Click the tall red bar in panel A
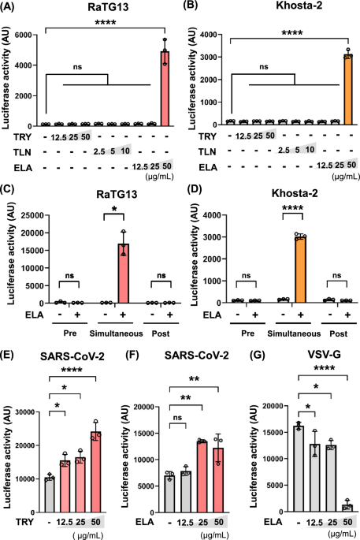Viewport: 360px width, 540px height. (x=165, y=88)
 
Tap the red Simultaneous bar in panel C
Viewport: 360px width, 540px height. (x=123, y=274)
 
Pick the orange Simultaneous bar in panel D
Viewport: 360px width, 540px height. (x=300, y=270)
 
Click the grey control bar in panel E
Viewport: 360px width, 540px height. (x=50, y=495)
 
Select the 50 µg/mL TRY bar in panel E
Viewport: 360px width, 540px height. (x=95, y=472)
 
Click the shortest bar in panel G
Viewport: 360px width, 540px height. (x=347, y=508)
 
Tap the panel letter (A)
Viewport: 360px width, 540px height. (x=7, y=7)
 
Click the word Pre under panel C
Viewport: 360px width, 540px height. (x=70, y=333)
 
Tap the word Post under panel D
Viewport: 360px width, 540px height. (x=339, y=333)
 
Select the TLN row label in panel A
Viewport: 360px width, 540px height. (x=22, y=152)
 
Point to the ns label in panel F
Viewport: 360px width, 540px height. (x=177, y=418)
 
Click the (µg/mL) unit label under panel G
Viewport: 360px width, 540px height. (x=342, y=534)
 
